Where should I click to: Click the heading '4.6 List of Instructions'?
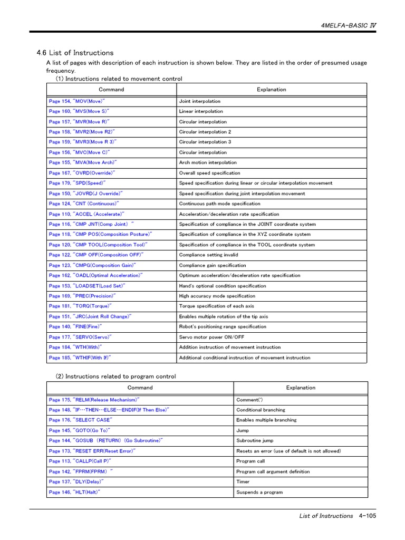click(x=75, y=53)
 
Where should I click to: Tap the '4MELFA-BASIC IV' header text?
click(x=349, y=25)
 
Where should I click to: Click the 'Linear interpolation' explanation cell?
click(x=201, y=111)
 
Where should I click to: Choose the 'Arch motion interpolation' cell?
click(x=208, y=162)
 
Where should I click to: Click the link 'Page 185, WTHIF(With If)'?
click(x=80, y=358)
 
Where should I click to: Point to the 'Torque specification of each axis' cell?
click(x=217, y=306)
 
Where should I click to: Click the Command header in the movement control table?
click(x=111, y=90)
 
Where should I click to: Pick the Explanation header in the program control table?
click(x=301, y=388)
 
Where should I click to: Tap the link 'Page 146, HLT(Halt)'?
click(x=74, y=492)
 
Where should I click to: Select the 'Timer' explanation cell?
click(x=243, y=481)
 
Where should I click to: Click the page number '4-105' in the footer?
click(x=367, y=516)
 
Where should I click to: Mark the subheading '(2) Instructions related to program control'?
click(x=116, y=377)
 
